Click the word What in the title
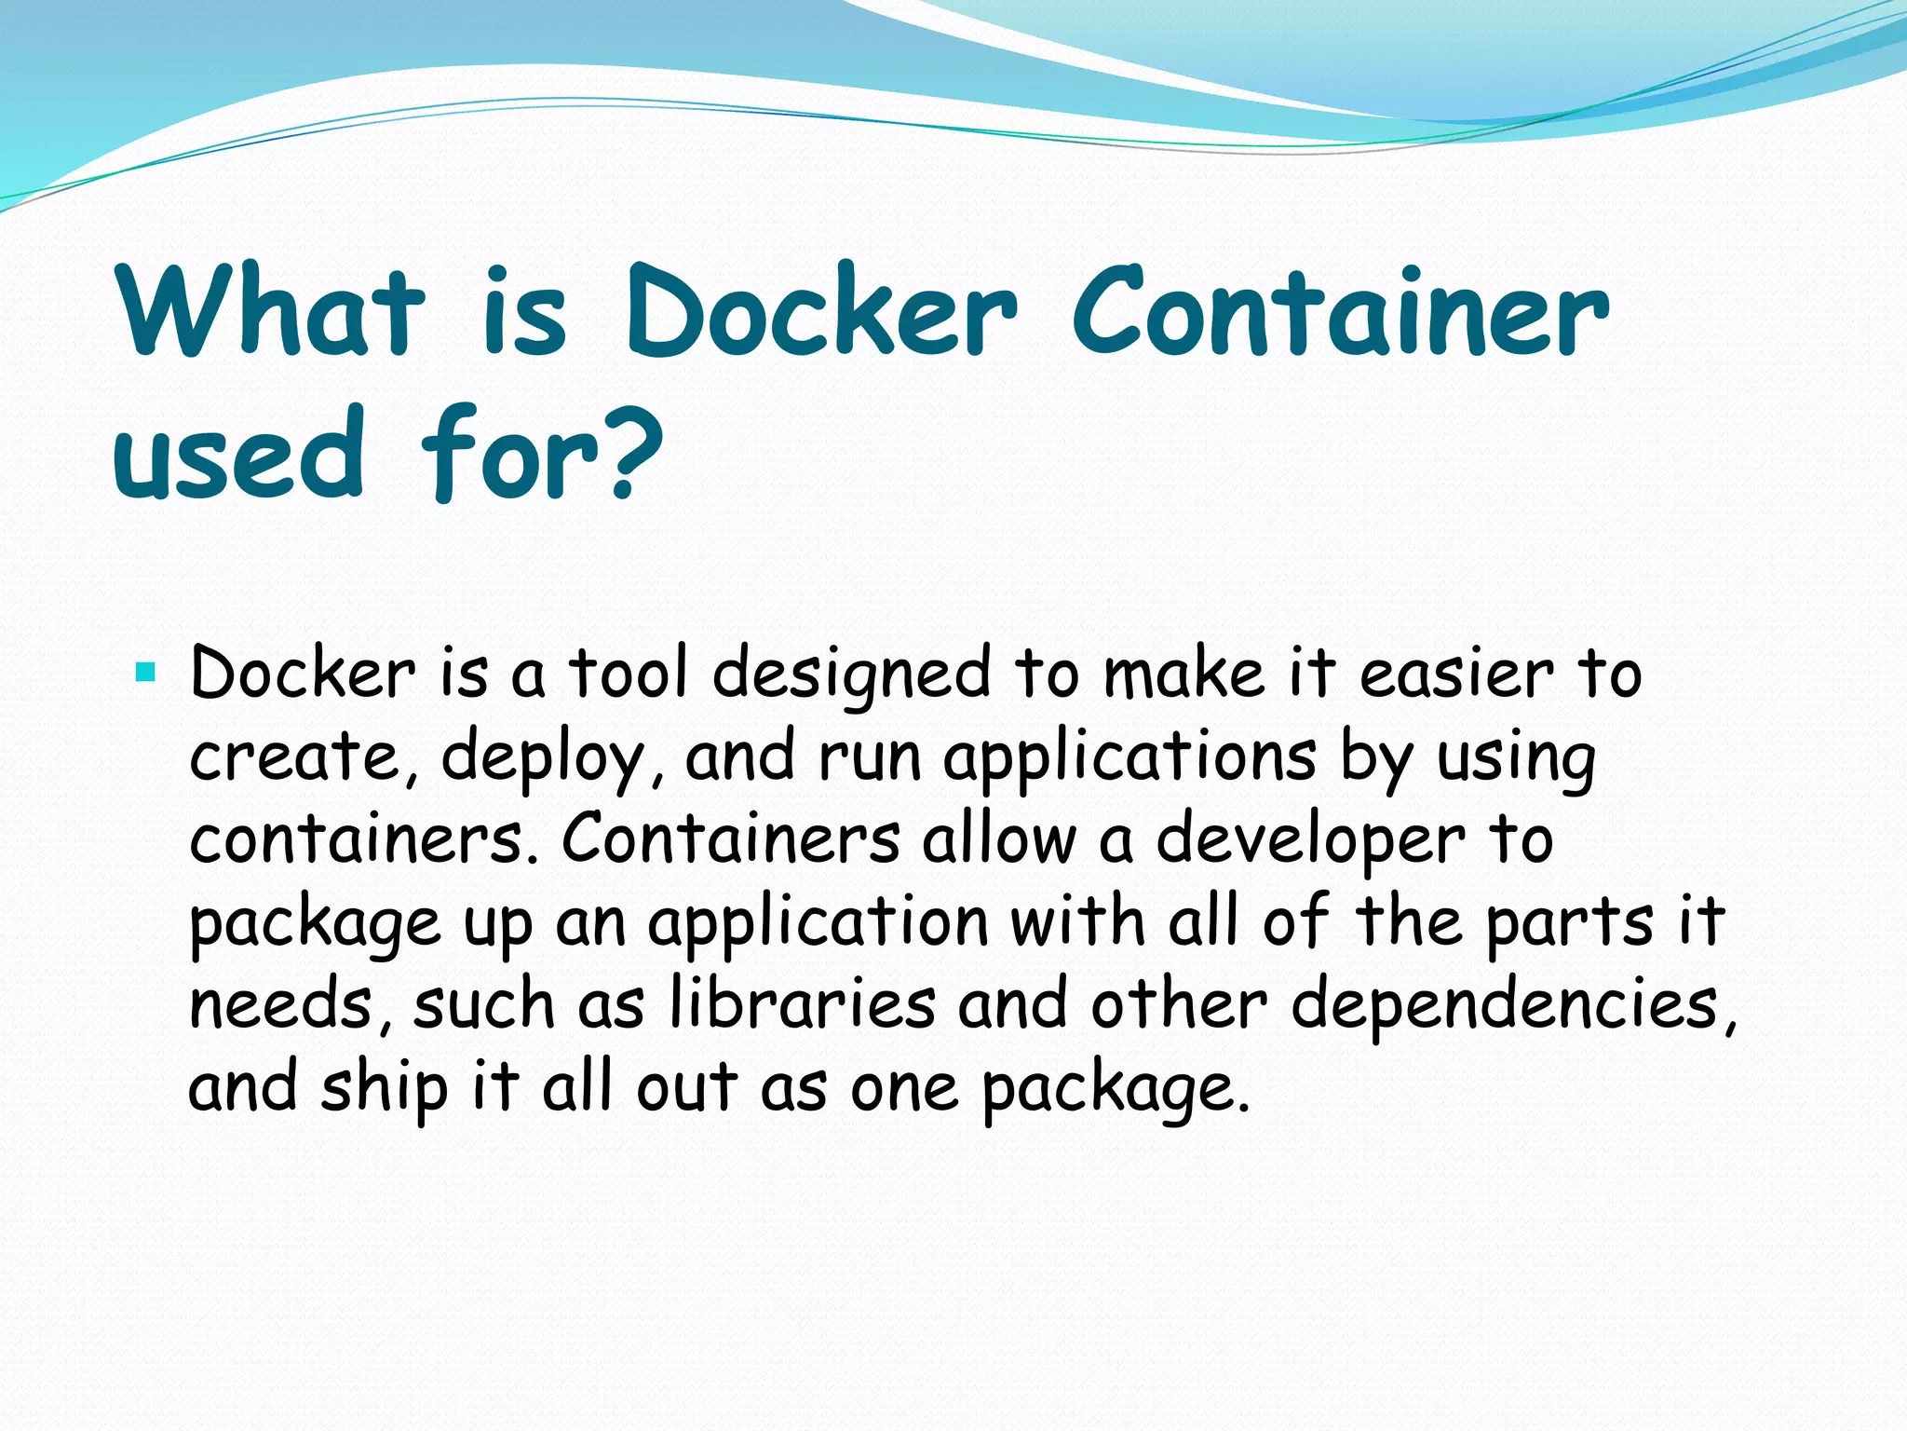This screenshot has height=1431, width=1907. [271, 311]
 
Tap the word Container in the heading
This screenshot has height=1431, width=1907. [1341, 311]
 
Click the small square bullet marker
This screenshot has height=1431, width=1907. [144, 671]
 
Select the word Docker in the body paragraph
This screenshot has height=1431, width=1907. [302, 673]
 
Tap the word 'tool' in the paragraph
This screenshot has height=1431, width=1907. [629, 673]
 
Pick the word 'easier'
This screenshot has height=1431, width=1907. [1456, 673]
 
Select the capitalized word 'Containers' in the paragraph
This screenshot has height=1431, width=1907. [730, 838]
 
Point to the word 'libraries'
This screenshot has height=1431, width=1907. [803, 1004]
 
